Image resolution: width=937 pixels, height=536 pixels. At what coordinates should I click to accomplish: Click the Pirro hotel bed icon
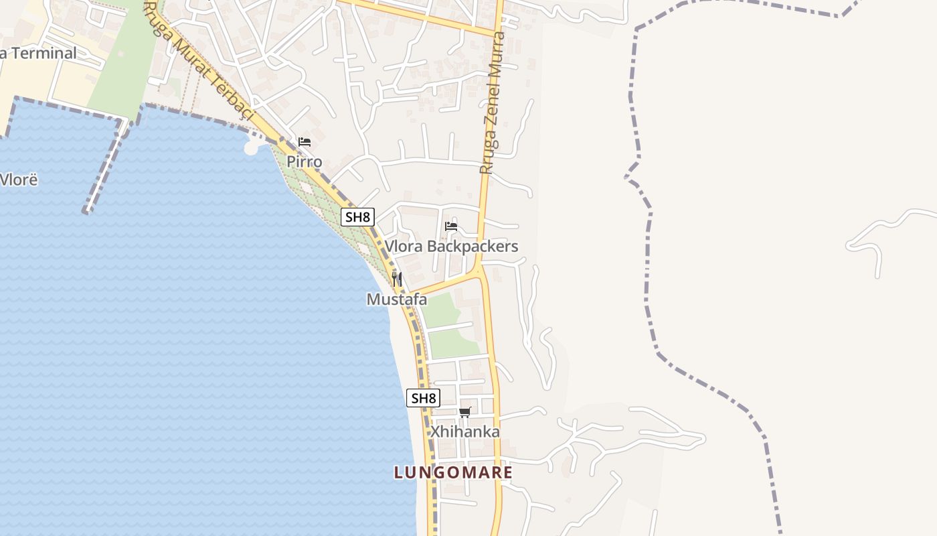pyautogui.click(x=305, y=142)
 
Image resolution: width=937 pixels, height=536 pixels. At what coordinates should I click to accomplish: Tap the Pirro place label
pyautogui.click(x=305, y=161)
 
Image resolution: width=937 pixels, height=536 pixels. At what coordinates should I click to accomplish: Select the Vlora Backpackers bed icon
pyautogui.click(x=451, y=226)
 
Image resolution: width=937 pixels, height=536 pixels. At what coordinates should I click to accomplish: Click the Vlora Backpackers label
pyautogui.click(x=451, y=247)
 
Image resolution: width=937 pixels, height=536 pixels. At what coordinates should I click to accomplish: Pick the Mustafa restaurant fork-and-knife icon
pyautogui.click(x=397, y=279)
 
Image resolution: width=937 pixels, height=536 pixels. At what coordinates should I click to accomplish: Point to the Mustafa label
pyautogui.click(x=397, y=299)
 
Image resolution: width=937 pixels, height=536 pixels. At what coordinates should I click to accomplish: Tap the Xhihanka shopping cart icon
pyautogui.click(x=465, y=412)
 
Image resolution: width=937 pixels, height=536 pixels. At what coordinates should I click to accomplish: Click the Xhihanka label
pyautogui.click(x=465, y=431)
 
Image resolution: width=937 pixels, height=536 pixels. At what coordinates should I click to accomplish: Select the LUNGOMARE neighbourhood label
pyautogui.click(x=453, y=472)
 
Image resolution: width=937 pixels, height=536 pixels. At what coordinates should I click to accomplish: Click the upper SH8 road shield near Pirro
pyautogui.click(x=357, y=217)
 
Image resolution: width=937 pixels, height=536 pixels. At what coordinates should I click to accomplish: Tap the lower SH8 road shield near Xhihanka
pyautogui.click(x=423, y=398)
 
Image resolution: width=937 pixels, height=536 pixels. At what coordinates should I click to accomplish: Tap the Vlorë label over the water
pyautogui.click(x=19, y=180)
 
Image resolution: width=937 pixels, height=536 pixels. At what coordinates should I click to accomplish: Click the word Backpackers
pyautogui.click(x=473, y=247)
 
